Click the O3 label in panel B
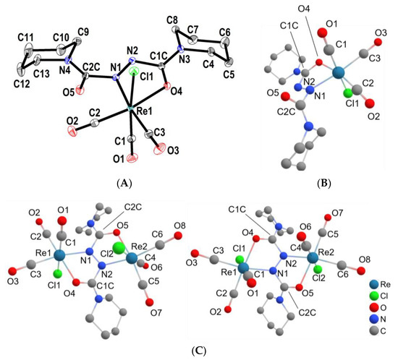[376, 33]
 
